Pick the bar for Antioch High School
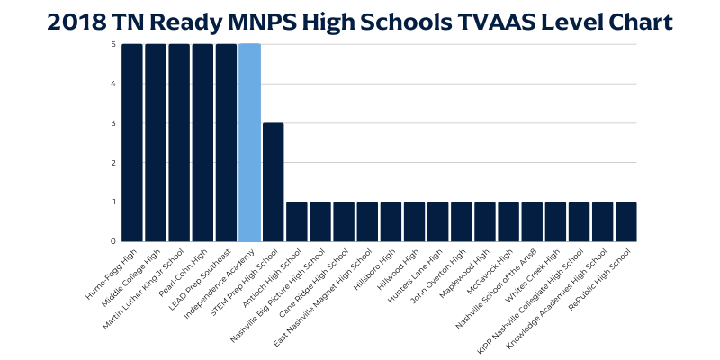296,221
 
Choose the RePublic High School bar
625,221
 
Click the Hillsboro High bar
391,221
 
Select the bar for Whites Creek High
554,221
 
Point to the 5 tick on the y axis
113,45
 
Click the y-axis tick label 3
113,123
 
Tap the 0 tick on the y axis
113,241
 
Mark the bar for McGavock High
508,221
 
